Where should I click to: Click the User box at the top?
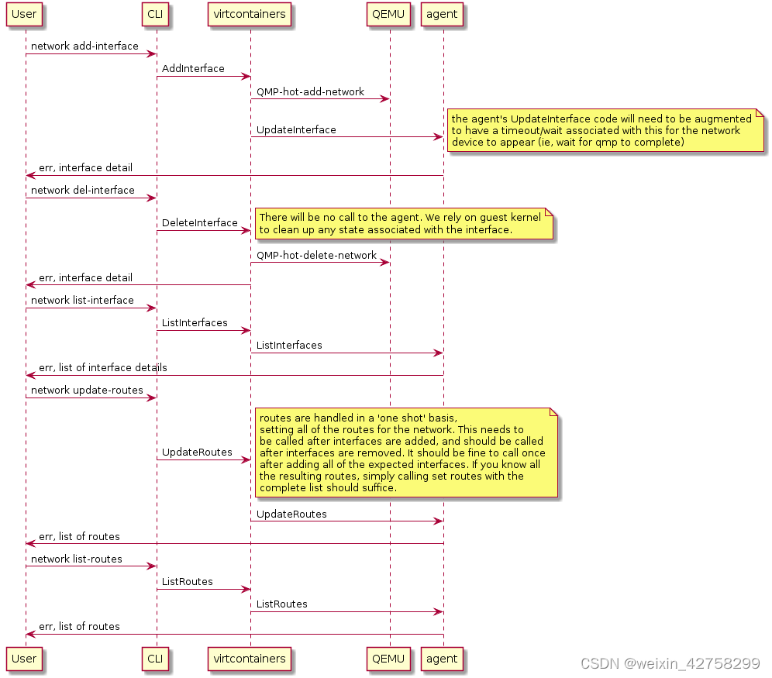pyautogui.click(x=25, y=14)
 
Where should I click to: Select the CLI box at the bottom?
pyautogui.click(x=156, y=659)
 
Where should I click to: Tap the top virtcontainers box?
pyautogui.click(x=250, y=14)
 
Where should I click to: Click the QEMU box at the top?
pyautogui.click(x=389, y=14)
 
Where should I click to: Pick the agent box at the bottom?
pyautogui.click(x=442, y=659)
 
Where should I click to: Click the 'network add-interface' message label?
pyautogui.click(x=84, y=46)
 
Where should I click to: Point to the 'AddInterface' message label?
pyautogui.click(x=193, y=68)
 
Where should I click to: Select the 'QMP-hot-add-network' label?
pyautogui.click(x=310, y=91)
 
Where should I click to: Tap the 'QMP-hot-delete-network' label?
pyautogui.click(x=316, y=255)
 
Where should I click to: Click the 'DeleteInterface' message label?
pyautogui.click(x=199, y=222)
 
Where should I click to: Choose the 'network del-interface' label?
pyautogui.click(x=82, y=190)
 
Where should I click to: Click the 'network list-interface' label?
pyautogui.click(x=82, y=300)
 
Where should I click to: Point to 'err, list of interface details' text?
pyautogui.click(x=102, y=367)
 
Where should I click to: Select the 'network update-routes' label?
pyautogui.click(x=87, y=390)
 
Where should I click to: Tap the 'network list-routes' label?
pyautogui.click(x=76, y=559)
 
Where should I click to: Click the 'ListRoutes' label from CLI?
pyautogui.click(x=187, y=581)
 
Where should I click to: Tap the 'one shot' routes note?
pyautogui.click(x=402, y=453)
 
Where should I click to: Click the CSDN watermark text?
pyautogui.click(x=669, y=663)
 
